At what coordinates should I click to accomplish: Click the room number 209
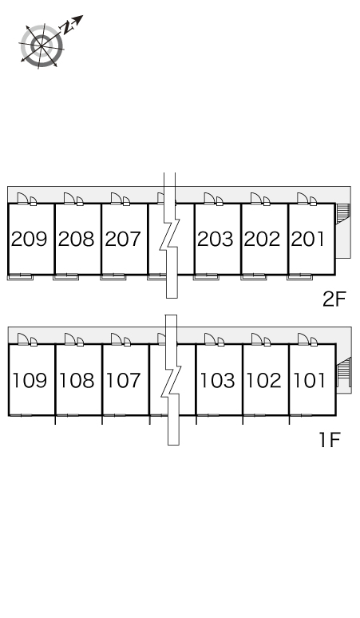tap(30, 239)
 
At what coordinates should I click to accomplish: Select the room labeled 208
tap(77, 239)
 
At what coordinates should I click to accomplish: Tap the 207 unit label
tap(123, 239)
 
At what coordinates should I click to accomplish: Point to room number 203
tap(216, 239)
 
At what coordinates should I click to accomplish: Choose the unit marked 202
tap(263, 239)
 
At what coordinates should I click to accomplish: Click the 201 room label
tap(308, 239)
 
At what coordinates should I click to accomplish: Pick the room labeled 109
tap(30, 380)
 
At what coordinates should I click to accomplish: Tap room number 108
tap(77, 380)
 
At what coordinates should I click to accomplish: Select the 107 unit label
tap(123, 380)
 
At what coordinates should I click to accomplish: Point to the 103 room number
tap(217, 380)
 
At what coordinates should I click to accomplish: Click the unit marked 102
tap(264, 380)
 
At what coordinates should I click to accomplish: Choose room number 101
tap(310, 380)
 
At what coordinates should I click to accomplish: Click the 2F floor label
tap(334, 299)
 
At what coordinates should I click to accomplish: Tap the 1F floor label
tap(330, 440)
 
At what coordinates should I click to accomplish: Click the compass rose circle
tap(42, 46)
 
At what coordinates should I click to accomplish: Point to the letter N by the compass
tap(67, 28)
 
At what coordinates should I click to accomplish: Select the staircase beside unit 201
tap(342, 213)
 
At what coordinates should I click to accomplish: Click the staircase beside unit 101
tap(344, 372)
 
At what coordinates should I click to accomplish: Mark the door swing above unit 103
tap(210, 339)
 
